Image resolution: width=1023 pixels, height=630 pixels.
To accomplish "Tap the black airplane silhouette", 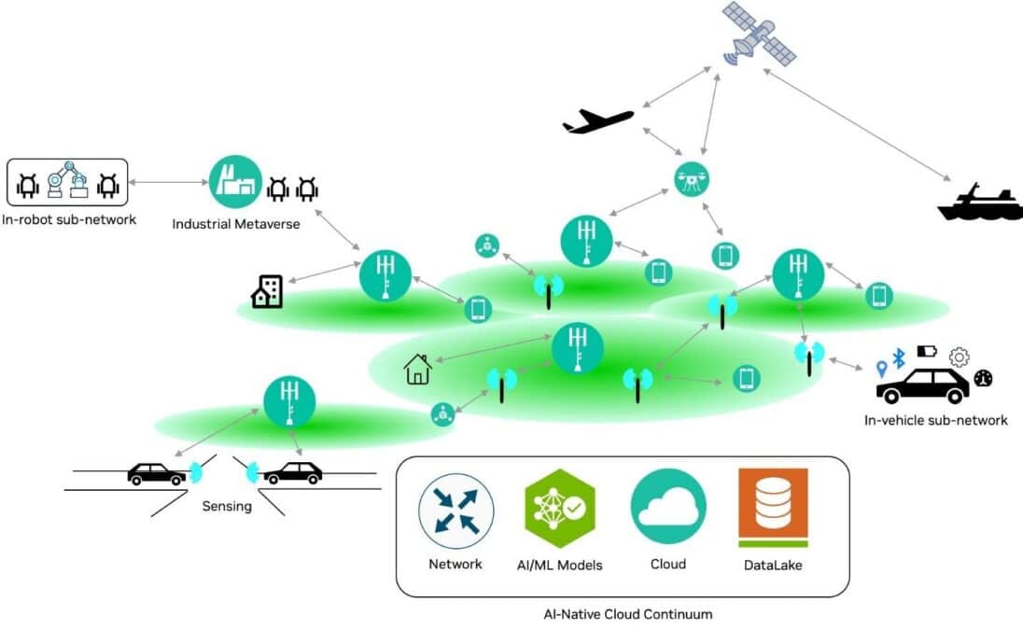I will [598, 121].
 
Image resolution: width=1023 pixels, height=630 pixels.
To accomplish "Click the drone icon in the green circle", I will [692, 179].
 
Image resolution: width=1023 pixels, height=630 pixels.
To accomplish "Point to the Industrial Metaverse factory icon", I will [235, 182].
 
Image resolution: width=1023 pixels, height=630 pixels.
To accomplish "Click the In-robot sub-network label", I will [68, 220].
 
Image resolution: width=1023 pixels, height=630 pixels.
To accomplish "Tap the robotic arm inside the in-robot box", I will [68, 181].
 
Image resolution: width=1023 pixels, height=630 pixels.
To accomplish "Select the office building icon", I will [267, 291].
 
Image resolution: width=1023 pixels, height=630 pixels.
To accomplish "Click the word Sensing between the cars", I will [227, 506].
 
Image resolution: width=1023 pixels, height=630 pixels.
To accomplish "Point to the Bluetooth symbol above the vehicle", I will [899, 358].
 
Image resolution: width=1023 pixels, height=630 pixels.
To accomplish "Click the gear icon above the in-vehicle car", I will [959, 357].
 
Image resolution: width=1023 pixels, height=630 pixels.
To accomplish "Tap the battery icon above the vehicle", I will [927, 351].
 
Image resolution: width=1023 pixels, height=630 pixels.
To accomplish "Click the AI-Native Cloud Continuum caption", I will [627, 614].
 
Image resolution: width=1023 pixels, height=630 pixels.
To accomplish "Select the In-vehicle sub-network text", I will [935, 420].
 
